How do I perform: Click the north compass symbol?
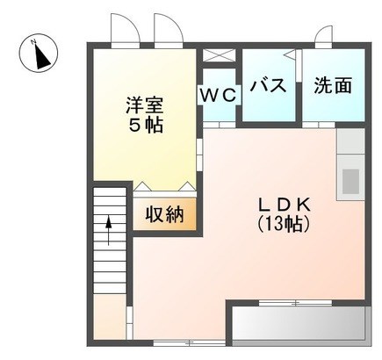pos(39,54)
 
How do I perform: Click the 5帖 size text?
pos(146,126)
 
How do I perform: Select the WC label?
pos(219,95)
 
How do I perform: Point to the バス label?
pos(269,85)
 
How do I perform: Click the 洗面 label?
pos(333,85)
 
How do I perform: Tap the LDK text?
pos(284,205)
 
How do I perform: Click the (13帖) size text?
pos(284,225)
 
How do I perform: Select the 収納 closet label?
pos(165,214)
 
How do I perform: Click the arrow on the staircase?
pos(109,230)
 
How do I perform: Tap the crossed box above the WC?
pos(220,55)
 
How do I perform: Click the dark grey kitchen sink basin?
pos(350,182)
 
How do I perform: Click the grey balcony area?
pos(299,324)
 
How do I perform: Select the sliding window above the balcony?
pos(295,303)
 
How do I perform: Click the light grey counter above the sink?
pos(350,141)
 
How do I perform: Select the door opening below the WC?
pos(220,125)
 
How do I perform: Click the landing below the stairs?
pos(110,317)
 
